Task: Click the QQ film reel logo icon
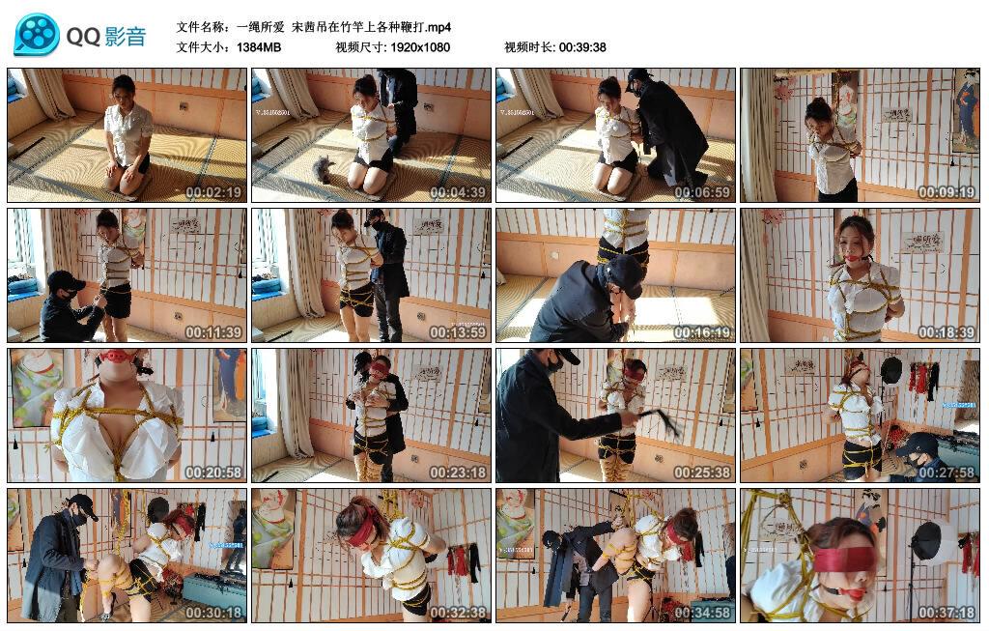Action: [37, 35]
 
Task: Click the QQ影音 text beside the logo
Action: [106, 37]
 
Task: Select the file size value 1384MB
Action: [259, 46]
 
